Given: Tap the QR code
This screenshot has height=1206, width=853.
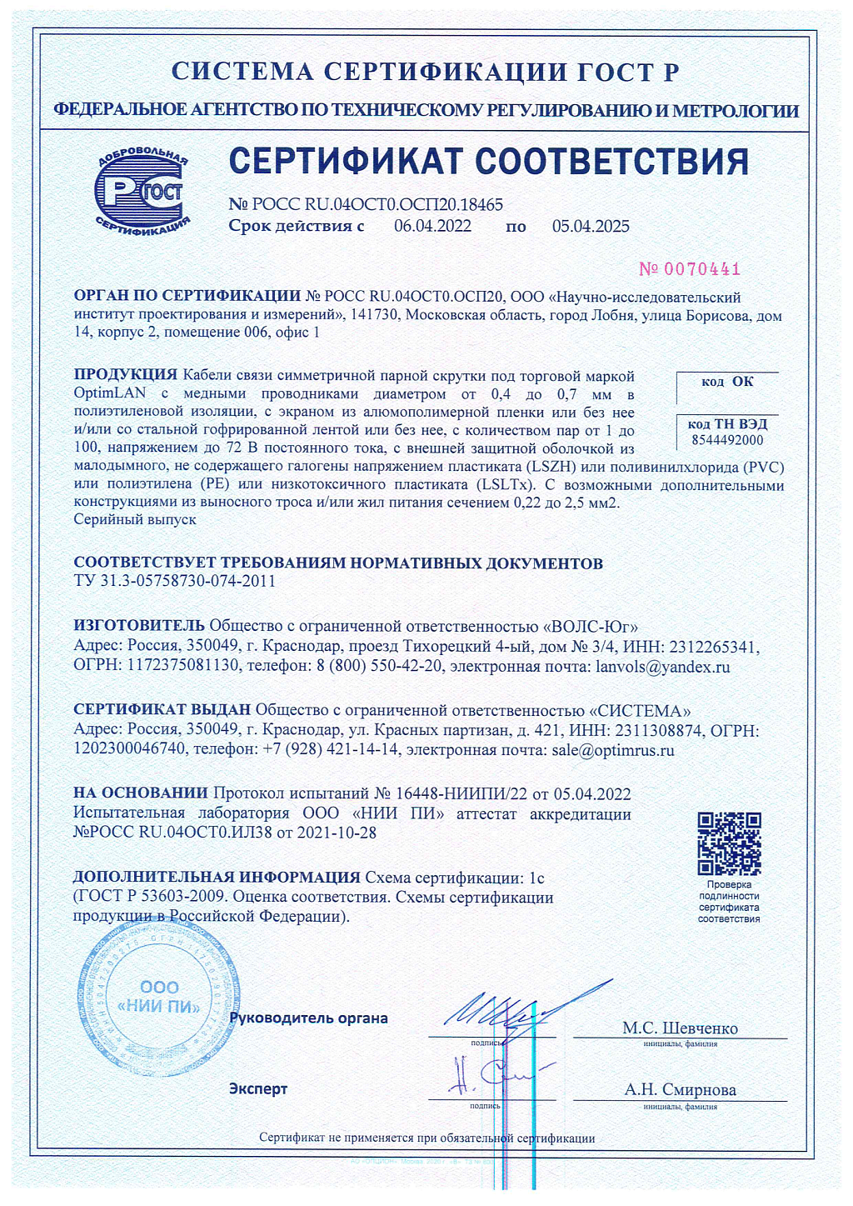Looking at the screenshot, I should pos(729,843).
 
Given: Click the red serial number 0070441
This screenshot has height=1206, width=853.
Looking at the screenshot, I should pos(690,269).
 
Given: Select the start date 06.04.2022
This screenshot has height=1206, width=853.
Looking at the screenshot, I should pos(432,227).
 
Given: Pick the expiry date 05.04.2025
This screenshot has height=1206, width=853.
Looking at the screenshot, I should pos(591,227).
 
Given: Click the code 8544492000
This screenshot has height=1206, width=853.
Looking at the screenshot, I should pos(727,440).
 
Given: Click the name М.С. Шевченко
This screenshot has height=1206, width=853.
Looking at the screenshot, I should pos(680,1028).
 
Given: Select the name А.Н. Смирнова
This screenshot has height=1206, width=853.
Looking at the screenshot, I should pos(680,1090).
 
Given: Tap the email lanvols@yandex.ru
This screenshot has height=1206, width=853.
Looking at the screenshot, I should pos(662,667).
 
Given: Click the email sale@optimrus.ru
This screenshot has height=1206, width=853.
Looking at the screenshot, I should pos(613,750).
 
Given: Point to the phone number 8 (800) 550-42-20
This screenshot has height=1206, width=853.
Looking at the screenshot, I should pos(379,667).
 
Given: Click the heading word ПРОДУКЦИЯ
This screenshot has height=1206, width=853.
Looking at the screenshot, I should pos(126,375).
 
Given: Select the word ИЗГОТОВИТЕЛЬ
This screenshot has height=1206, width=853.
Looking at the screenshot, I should pos(138,626).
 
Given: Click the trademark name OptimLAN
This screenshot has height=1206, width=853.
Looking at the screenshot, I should pos(110,393).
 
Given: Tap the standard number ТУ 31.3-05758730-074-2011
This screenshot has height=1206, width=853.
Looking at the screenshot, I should pos(174,581).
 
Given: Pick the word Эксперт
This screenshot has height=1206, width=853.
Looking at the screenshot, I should pos(258,1089).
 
